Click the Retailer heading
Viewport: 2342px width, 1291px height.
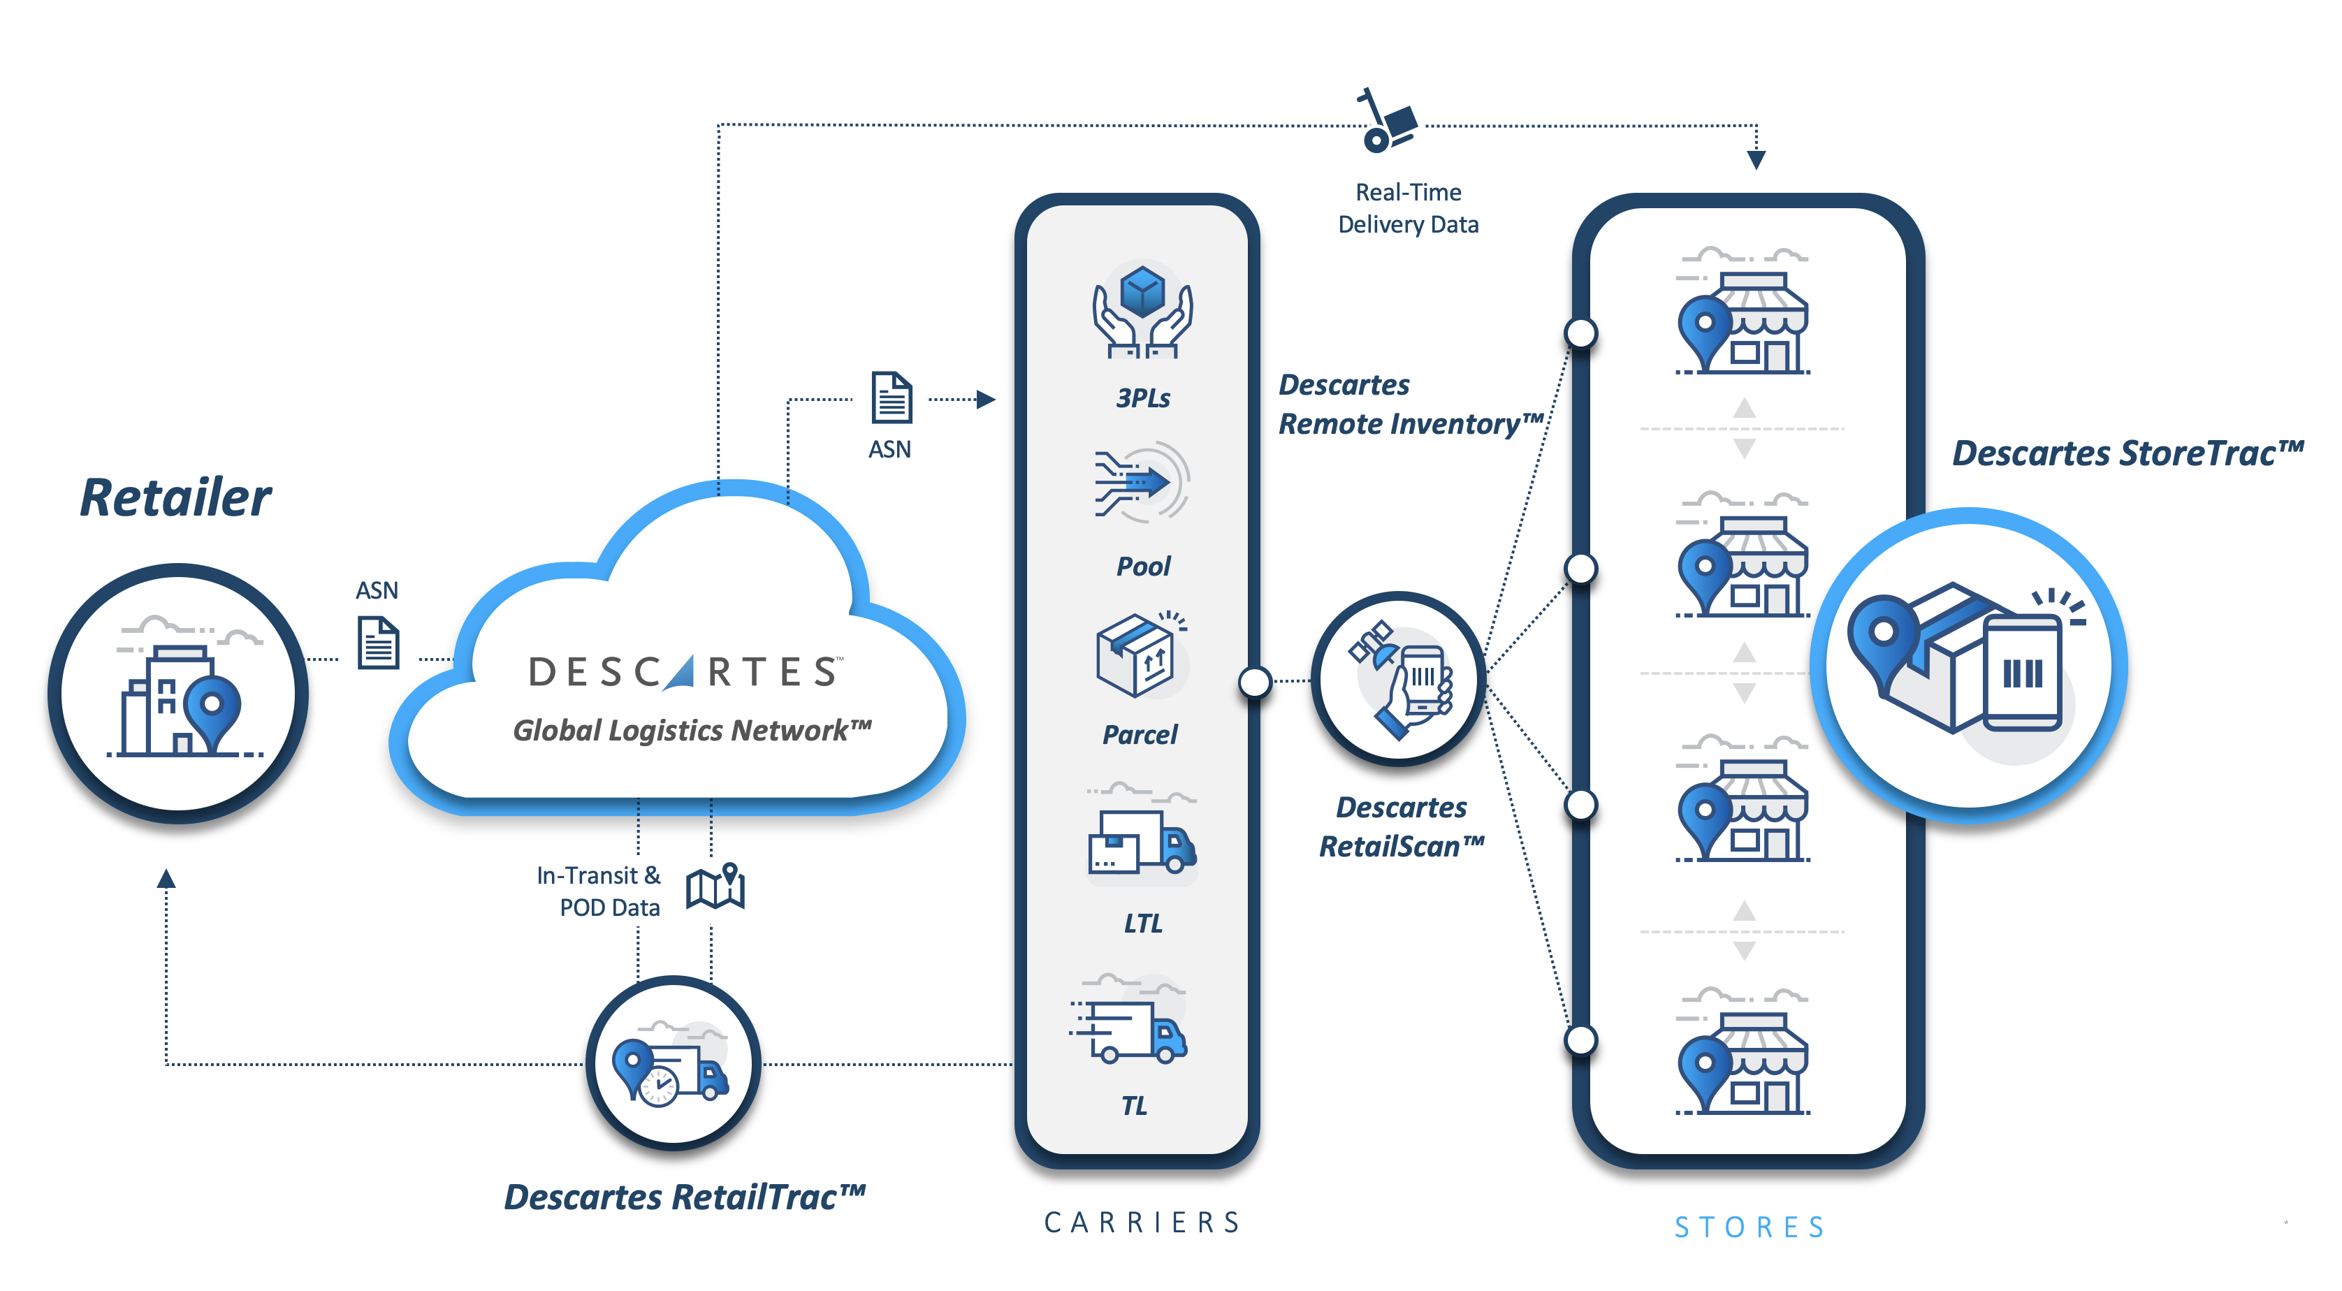tap(175, 498)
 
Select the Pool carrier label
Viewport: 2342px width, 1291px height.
tap(1143, 567)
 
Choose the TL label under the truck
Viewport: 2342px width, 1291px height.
tap(1134, 1106)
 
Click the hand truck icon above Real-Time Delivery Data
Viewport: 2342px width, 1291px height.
tap(1386, 121)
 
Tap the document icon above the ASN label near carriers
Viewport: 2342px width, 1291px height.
tap(891, 397)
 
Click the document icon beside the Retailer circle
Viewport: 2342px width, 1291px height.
tap(378, 643)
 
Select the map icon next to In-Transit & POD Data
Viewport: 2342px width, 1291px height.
tap(715, 886)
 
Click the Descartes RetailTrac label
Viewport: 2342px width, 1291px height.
tap(684, 1197)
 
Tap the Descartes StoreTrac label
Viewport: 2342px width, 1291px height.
tap(2128, 453)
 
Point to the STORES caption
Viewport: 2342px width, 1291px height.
tap(1750, 1227)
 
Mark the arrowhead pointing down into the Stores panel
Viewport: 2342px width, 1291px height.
tap(1756, 160)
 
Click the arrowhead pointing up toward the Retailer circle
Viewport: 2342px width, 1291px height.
tap(166, 878)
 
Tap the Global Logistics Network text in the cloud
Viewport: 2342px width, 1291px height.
tap(692, 730)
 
